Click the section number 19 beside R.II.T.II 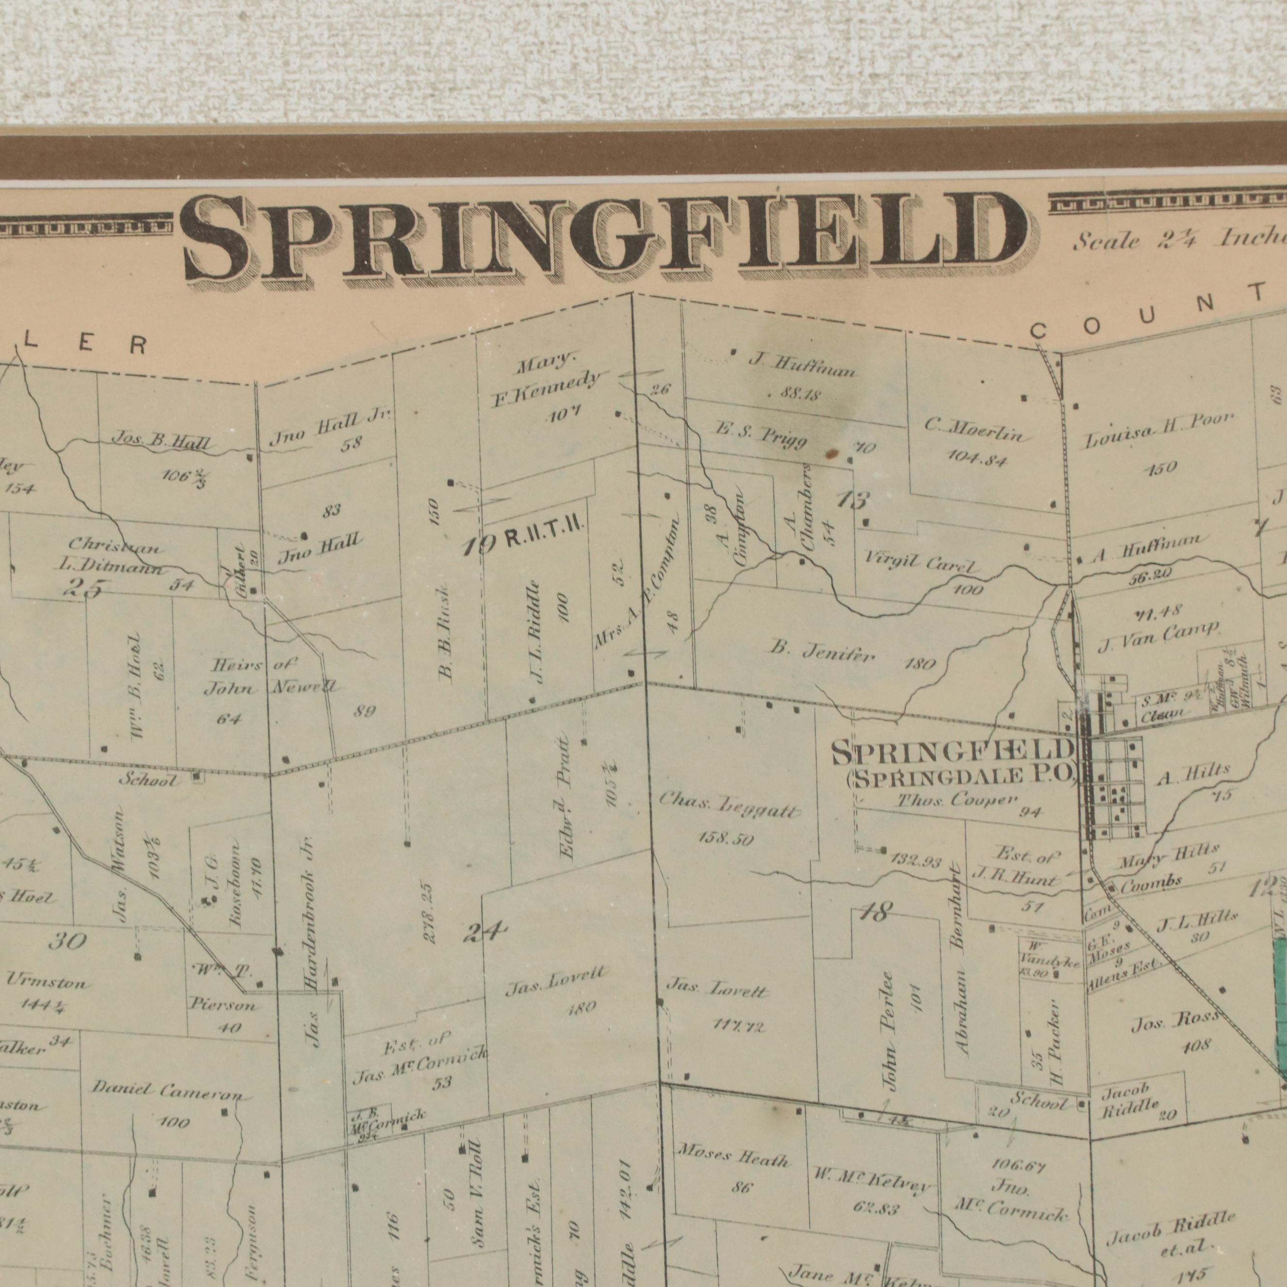tap(479, 546)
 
